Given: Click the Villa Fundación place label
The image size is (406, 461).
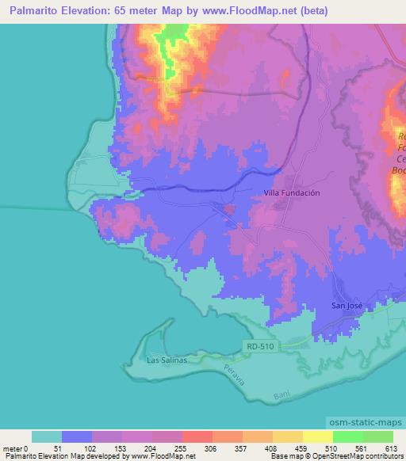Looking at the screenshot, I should point(292,192).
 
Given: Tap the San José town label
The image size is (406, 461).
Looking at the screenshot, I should point(347,305).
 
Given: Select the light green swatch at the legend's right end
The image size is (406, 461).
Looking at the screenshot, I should point(377,436).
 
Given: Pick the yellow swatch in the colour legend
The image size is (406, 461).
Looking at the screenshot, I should point(316,436).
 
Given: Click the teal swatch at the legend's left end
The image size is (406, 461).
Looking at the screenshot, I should point(47,436).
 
